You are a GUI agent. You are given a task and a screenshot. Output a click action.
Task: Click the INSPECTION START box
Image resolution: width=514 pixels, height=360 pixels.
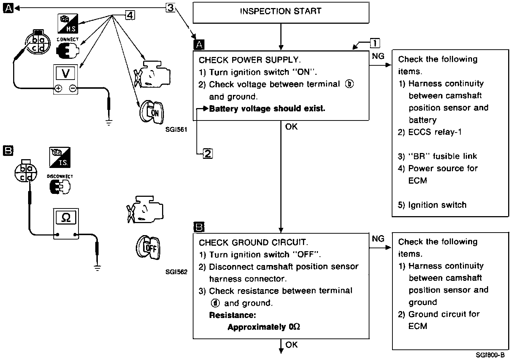281,13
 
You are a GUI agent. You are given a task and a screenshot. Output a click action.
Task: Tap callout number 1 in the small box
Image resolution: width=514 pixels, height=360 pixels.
375,43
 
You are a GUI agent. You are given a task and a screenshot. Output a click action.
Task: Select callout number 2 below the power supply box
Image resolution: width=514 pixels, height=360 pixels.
208,153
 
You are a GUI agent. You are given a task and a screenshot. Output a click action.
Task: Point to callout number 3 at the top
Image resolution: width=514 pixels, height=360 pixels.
170,8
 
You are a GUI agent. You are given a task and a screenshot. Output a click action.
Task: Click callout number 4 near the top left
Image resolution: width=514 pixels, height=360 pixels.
130,15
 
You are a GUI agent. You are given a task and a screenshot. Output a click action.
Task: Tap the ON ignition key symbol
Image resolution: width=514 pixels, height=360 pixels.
151,112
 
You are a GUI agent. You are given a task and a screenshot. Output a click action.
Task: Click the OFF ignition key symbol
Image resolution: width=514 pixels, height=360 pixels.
148,247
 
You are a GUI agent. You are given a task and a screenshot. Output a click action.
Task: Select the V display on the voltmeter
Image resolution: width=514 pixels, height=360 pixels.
65,73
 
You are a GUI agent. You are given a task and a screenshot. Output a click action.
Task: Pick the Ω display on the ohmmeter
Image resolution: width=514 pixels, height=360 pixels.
66,217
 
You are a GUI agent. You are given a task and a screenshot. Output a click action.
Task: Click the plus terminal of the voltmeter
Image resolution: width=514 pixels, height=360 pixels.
58,88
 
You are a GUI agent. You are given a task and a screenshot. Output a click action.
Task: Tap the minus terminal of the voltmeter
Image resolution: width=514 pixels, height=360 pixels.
73,88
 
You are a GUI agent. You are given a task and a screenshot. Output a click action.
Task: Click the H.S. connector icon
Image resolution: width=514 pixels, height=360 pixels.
68,23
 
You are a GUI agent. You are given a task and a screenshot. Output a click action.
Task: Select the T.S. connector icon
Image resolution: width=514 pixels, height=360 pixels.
60,157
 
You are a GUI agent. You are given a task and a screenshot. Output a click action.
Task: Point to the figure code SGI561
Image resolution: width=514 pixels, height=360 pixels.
176,130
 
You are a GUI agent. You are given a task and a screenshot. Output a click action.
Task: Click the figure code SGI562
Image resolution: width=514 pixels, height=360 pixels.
176,272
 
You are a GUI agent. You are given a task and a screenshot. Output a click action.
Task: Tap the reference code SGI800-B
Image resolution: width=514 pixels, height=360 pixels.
490,355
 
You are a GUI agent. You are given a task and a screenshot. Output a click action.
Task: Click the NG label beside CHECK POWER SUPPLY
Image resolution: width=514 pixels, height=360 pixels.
378,56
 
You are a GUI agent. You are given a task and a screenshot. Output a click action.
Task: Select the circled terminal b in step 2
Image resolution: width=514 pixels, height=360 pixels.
349,84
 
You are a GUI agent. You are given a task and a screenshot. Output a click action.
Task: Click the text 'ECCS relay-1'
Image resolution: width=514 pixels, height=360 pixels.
435,132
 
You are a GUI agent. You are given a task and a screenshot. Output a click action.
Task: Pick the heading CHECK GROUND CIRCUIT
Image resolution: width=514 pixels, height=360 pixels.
253,242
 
